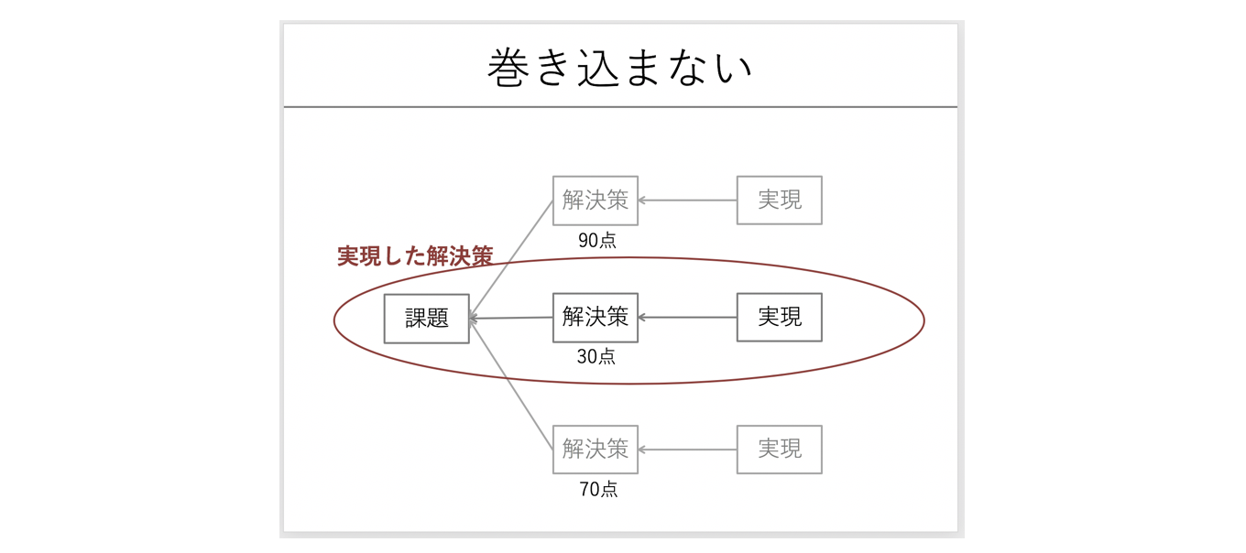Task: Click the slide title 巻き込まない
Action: pos(619,69)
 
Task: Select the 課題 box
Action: pos(426,319)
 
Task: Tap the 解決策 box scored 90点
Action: pos(596,201)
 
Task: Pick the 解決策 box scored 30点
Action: pos(596,318)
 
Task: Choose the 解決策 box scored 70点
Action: pos(596,450)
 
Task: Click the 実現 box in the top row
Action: pos(780,201)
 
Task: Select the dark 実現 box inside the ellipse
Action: pos(780,318)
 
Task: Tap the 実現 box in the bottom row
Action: pos(780,450)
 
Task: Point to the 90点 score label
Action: pos(596,240)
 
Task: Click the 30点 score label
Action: pos(596,357)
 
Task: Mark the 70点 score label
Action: pos(598,490)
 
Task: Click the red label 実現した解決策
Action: pos(415,256)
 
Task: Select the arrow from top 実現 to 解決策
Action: pos(687,201)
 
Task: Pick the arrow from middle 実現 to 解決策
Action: pos(687,318)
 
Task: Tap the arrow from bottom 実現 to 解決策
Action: pos(687,450)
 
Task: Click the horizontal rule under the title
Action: pos(620,107)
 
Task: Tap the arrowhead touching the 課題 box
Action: pos(474,319)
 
